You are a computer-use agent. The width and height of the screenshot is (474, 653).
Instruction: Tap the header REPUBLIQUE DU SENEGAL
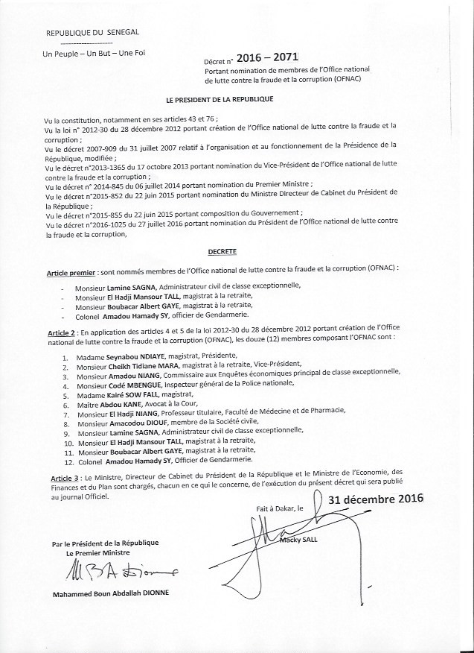[x=92, y=34]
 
